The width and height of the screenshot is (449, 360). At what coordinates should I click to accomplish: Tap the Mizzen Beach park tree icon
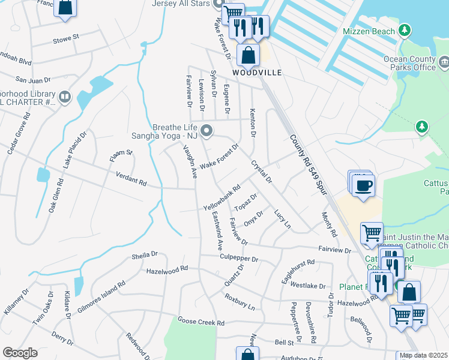[405, 30]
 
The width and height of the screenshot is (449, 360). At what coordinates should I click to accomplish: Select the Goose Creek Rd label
[200, 322]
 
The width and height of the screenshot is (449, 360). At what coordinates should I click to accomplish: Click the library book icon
[64, 97]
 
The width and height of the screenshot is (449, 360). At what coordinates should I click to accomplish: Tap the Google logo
[20, 353]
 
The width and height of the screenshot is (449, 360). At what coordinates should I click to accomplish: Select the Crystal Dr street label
[262, 172]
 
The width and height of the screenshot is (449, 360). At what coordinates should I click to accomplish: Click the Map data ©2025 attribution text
[423, 355]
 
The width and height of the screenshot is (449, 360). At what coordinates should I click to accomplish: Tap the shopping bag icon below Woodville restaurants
[248, 55]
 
